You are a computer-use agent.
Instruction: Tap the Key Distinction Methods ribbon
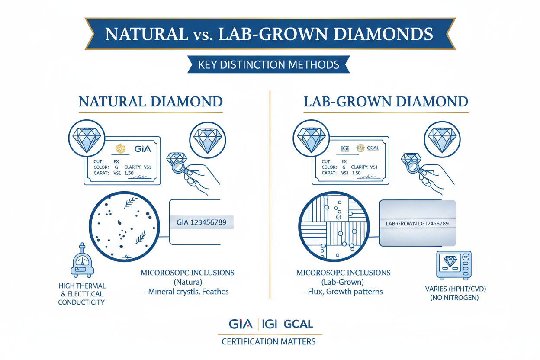[268, 65]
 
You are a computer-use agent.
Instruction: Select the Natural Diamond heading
[150, 102]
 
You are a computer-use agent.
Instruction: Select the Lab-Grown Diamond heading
[386, 102]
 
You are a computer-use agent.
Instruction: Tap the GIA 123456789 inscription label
[202, 222]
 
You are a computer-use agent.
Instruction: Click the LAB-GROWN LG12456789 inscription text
[416, 223]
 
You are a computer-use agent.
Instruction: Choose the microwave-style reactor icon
[454, 265]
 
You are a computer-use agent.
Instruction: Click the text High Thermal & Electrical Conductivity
[82, 294]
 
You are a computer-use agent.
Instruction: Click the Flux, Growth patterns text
[343, 292]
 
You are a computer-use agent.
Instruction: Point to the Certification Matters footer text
[268, 342]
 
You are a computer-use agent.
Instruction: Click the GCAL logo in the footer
[298, 324]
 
